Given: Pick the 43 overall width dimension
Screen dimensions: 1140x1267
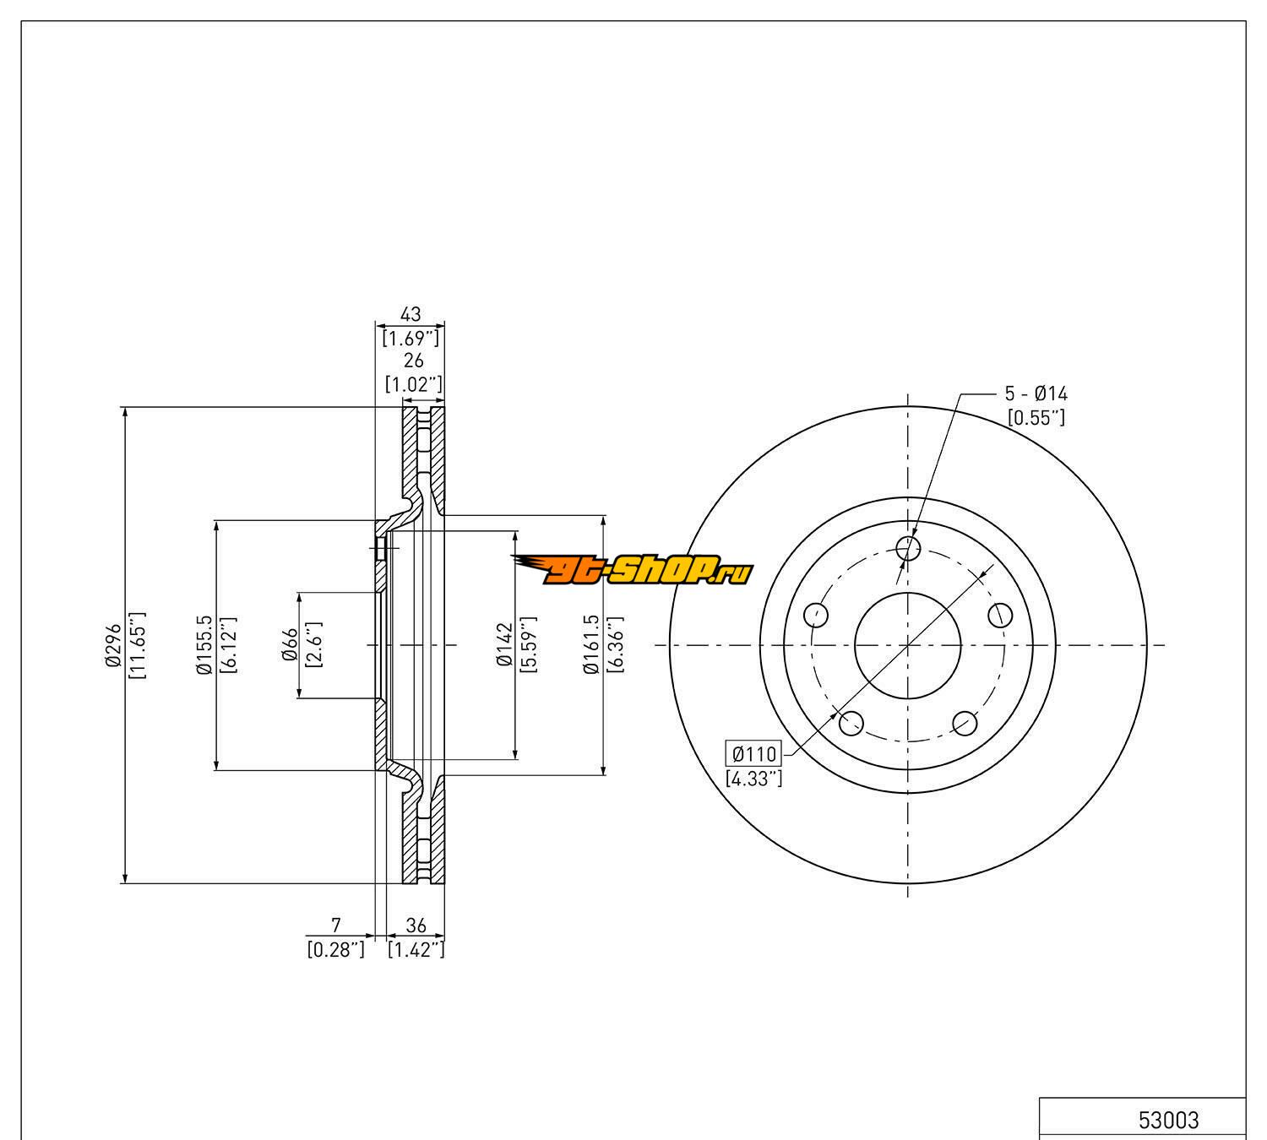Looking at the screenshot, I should coord(411,315).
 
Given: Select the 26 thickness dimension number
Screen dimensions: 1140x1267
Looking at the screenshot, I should coord(413,361).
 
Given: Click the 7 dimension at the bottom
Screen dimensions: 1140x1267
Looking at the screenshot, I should coord(335,926).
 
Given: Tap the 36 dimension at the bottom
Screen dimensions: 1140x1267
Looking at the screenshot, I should coord(416,926).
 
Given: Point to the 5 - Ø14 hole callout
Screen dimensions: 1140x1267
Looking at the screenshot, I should coord(1036,394).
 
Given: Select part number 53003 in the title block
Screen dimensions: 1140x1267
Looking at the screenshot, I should coord(1168,1120).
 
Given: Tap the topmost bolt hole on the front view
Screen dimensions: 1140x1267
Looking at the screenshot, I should coord(908,548).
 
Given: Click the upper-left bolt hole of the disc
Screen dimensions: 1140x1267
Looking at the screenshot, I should coord(816,615).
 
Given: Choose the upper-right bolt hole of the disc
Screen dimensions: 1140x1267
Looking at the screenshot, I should coord(1000,615).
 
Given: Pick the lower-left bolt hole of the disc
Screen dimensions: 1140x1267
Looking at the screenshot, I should coord(851,723).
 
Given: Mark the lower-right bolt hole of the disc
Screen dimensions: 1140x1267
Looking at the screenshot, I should coord(965,723).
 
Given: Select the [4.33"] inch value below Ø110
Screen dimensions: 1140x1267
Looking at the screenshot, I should coord(754,779).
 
